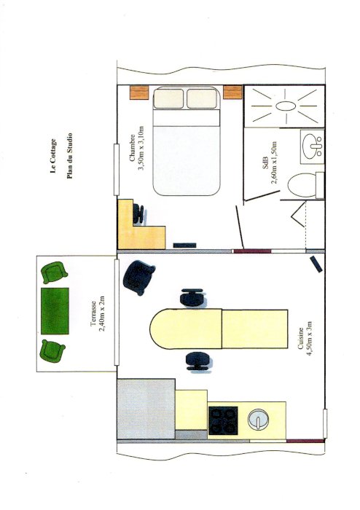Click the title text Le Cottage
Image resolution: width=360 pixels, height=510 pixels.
(x=53, y=156)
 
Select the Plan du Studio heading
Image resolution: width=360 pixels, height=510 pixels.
(x=69, y=156)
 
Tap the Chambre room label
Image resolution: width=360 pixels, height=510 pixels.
(x=132, y=148)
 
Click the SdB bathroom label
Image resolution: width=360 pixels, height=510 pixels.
(x=265, y=162)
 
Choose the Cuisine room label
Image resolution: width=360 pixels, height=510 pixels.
(x=300, y=338)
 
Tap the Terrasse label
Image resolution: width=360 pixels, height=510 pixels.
(x=93, y=313)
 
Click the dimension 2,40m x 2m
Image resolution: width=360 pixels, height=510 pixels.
(x=102, y=313)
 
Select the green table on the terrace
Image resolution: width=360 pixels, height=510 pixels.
(x=55, y=311)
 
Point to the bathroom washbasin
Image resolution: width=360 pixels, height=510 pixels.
(x=312, y=146)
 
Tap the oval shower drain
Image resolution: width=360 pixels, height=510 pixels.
(x=286, y=106)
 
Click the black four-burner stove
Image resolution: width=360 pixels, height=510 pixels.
(x=223, y=420)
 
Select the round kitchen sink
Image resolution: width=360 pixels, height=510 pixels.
(x=258, y=419)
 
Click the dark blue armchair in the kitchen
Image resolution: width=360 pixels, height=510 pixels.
(x=138, y=278)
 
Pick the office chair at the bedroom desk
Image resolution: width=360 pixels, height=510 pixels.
(x=139, y=213)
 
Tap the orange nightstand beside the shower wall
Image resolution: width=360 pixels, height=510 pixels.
(x=232, y=92)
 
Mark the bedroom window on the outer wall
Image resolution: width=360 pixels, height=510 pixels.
(x=116, y=170)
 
